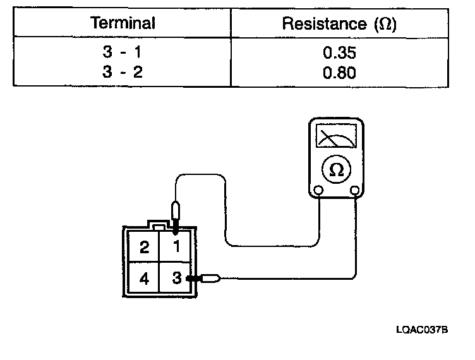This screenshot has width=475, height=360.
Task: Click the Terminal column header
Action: [x=123, y=24]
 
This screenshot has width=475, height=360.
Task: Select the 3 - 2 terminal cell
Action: [x=123, y=72]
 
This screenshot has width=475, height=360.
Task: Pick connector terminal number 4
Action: [x=145, y=278]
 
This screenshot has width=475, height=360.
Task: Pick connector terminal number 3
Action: [x=177, y=277]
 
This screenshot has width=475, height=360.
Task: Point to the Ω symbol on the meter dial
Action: [x=337, y=170]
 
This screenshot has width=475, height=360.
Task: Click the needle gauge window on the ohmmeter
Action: [x=337, y=136]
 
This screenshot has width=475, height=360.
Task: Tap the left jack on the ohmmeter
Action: [x=318, y=190]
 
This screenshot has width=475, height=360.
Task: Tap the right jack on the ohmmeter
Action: [x=355, y=190]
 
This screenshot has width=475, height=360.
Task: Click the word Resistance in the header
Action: [x=322, y=25]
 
